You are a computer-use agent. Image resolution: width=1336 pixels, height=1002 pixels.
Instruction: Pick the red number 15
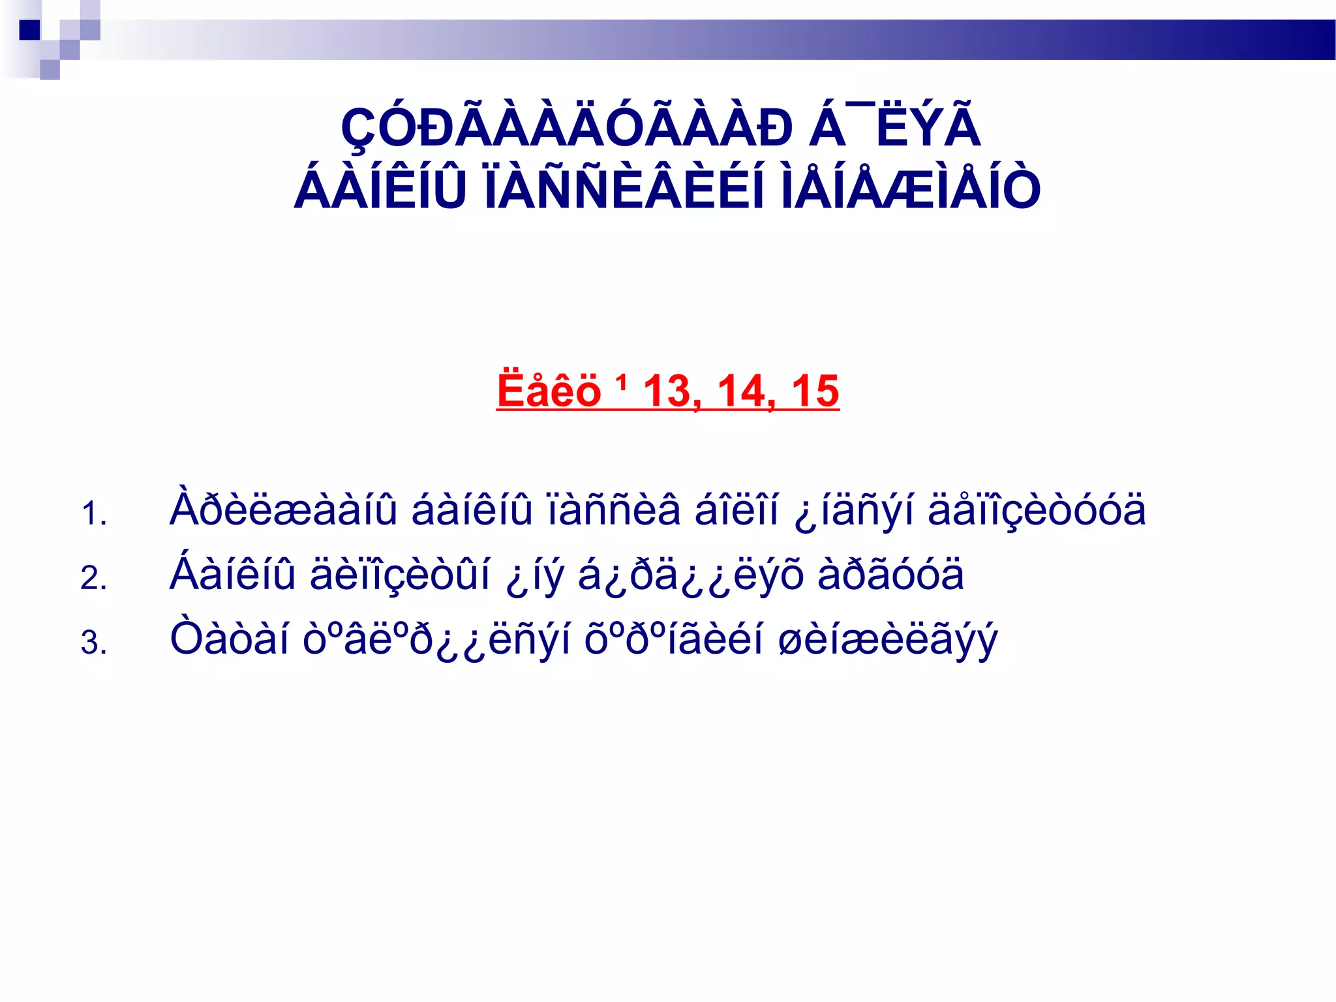click(x=815, y=391)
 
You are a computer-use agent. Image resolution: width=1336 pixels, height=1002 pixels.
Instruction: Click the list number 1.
click(x=93, y=513)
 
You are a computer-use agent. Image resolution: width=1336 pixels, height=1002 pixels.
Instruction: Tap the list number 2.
click(x=93, y=578)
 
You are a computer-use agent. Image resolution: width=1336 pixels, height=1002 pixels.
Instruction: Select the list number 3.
click(x=93, y=643)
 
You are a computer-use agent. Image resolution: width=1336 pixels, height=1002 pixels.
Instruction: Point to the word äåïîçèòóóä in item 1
click(x=1037, y=510)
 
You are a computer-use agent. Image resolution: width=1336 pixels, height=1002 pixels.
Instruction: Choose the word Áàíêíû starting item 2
click(x=233, y=573)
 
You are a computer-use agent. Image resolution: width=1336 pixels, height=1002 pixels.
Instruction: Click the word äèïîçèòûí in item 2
click(x=400, y=575)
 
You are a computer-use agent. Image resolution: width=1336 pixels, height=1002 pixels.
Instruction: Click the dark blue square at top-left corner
click(x=30, y=30)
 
